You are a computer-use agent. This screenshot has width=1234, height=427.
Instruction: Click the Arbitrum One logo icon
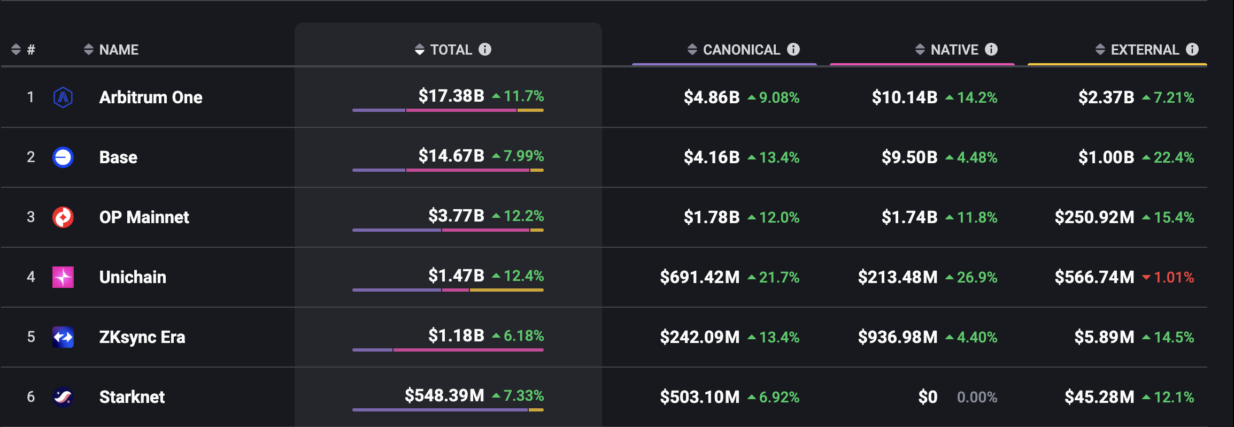(x=63, y=97)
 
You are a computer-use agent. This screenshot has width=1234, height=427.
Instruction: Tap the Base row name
(x=118, y=157)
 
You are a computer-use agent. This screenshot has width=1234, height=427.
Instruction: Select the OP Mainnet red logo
(x=63, y=217)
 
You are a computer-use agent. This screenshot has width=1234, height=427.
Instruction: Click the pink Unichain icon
(x=63, y=277)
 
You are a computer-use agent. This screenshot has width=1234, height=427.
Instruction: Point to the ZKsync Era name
(x=142, y=337)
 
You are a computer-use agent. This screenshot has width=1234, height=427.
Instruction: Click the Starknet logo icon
(x=63, y=397)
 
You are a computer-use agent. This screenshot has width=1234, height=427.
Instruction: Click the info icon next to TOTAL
(x=485, y=49)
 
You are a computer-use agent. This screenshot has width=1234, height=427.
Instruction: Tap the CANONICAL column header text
(x=741, y=50)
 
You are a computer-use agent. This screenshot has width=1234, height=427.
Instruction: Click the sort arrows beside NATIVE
(x=920, y=50)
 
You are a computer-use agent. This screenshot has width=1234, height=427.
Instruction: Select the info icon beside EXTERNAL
(x=1192, y=49)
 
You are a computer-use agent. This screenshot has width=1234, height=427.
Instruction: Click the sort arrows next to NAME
(x=89, y=50)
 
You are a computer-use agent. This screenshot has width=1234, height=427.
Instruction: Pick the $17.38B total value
(x=451, y=96)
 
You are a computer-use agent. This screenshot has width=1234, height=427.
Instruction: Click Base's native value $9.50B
(x=909, y=157)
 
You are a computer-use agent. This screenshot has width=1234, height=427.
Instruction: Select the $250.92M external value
(x=1094, y=217)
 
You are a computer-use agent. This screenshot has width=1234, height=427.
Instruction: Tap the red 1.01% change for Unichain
(x=1174, y=277)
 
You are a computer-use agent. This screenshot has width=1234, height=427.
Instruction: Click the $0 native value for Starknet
(x=928, y=397)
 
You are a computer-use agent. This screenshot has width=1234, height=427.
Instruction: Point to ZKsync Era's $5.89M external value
(x=1104, y=337)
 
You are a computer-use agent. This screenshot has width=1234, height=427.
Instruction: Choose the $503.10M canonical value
(x=699, y=397)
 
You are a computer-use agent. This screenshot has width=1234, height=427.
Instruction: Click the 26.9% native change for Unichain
(x=977, y=277)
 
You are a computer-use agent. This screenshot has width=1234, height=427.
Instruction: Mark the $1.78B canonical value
(x=711, y=217)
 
